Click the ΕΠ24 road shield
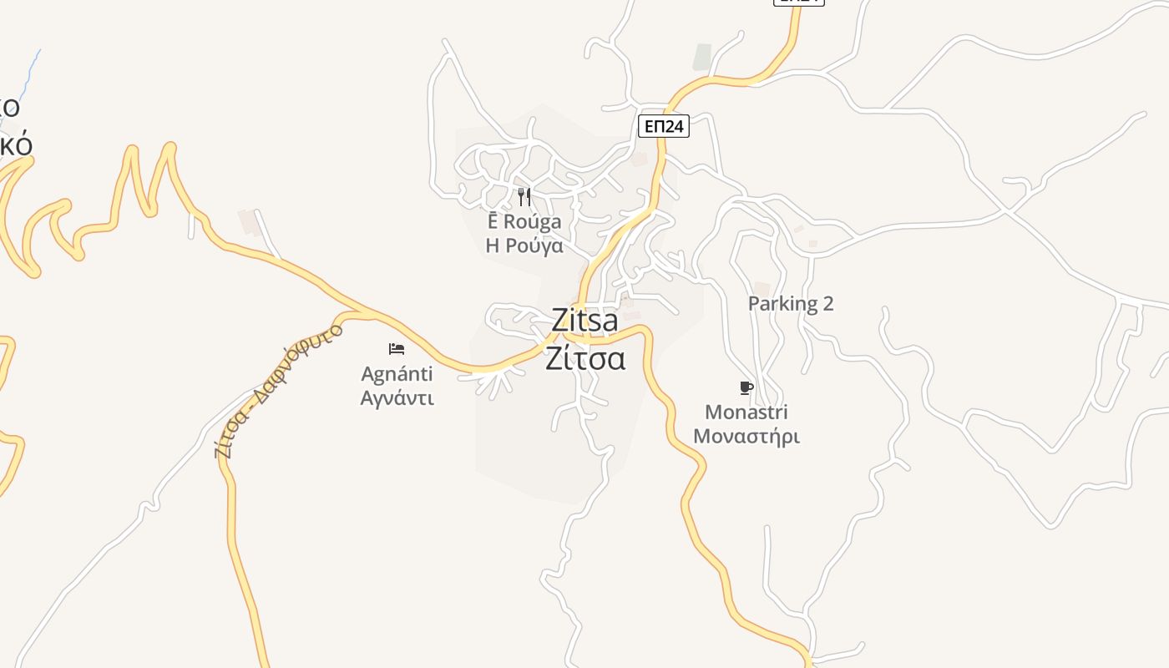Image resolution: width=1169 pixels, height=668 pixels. click(x=664, y=126)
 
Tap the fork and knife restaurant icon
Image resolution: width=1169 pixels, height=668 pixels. click(x=524, y=197)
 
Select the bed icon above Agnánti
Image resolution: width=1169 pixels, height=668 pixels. click(x=397, y=348)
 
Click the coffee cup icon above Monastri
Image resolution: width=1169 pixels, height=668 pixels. click(x=746, y=387)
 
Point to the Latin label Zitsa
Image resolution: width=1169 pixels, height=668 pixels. click(x=584, y=320)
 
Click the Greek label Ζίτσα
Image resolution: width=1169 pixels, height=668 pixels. click(x=585, y=358)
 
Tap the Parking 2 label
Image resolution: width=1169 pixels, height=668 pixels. click(x=791, y=304)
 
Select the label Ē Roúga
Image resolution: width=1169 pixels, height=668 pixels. click(x=524, y=222)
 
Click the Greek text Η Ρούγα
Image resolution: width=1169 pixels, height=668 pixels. click(x=524, y=246)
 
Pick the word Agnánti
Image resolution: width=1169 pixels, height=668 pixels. click(x=397, y=373)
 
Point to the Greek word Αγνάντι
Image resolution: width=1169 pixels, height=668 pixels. click(x=397, y=397)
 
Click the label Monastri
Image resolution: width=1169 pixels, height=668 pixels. click(x=746, y=412)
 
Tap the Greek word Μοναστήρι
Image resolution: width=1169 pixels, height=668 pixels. click(x=746, y=436)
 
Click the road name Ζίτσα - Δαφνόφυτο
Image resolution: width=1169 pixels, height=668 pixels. click(x=279, y=389)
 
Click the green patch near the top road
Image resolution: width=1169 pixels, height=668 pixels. click(x=702, y=57)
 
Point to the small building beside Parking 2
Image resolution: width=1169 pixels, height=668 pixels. click(x=762, y=289)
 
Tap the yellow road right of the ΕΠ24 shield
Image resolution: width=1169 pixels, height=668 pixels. click(x=726, y=81)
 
